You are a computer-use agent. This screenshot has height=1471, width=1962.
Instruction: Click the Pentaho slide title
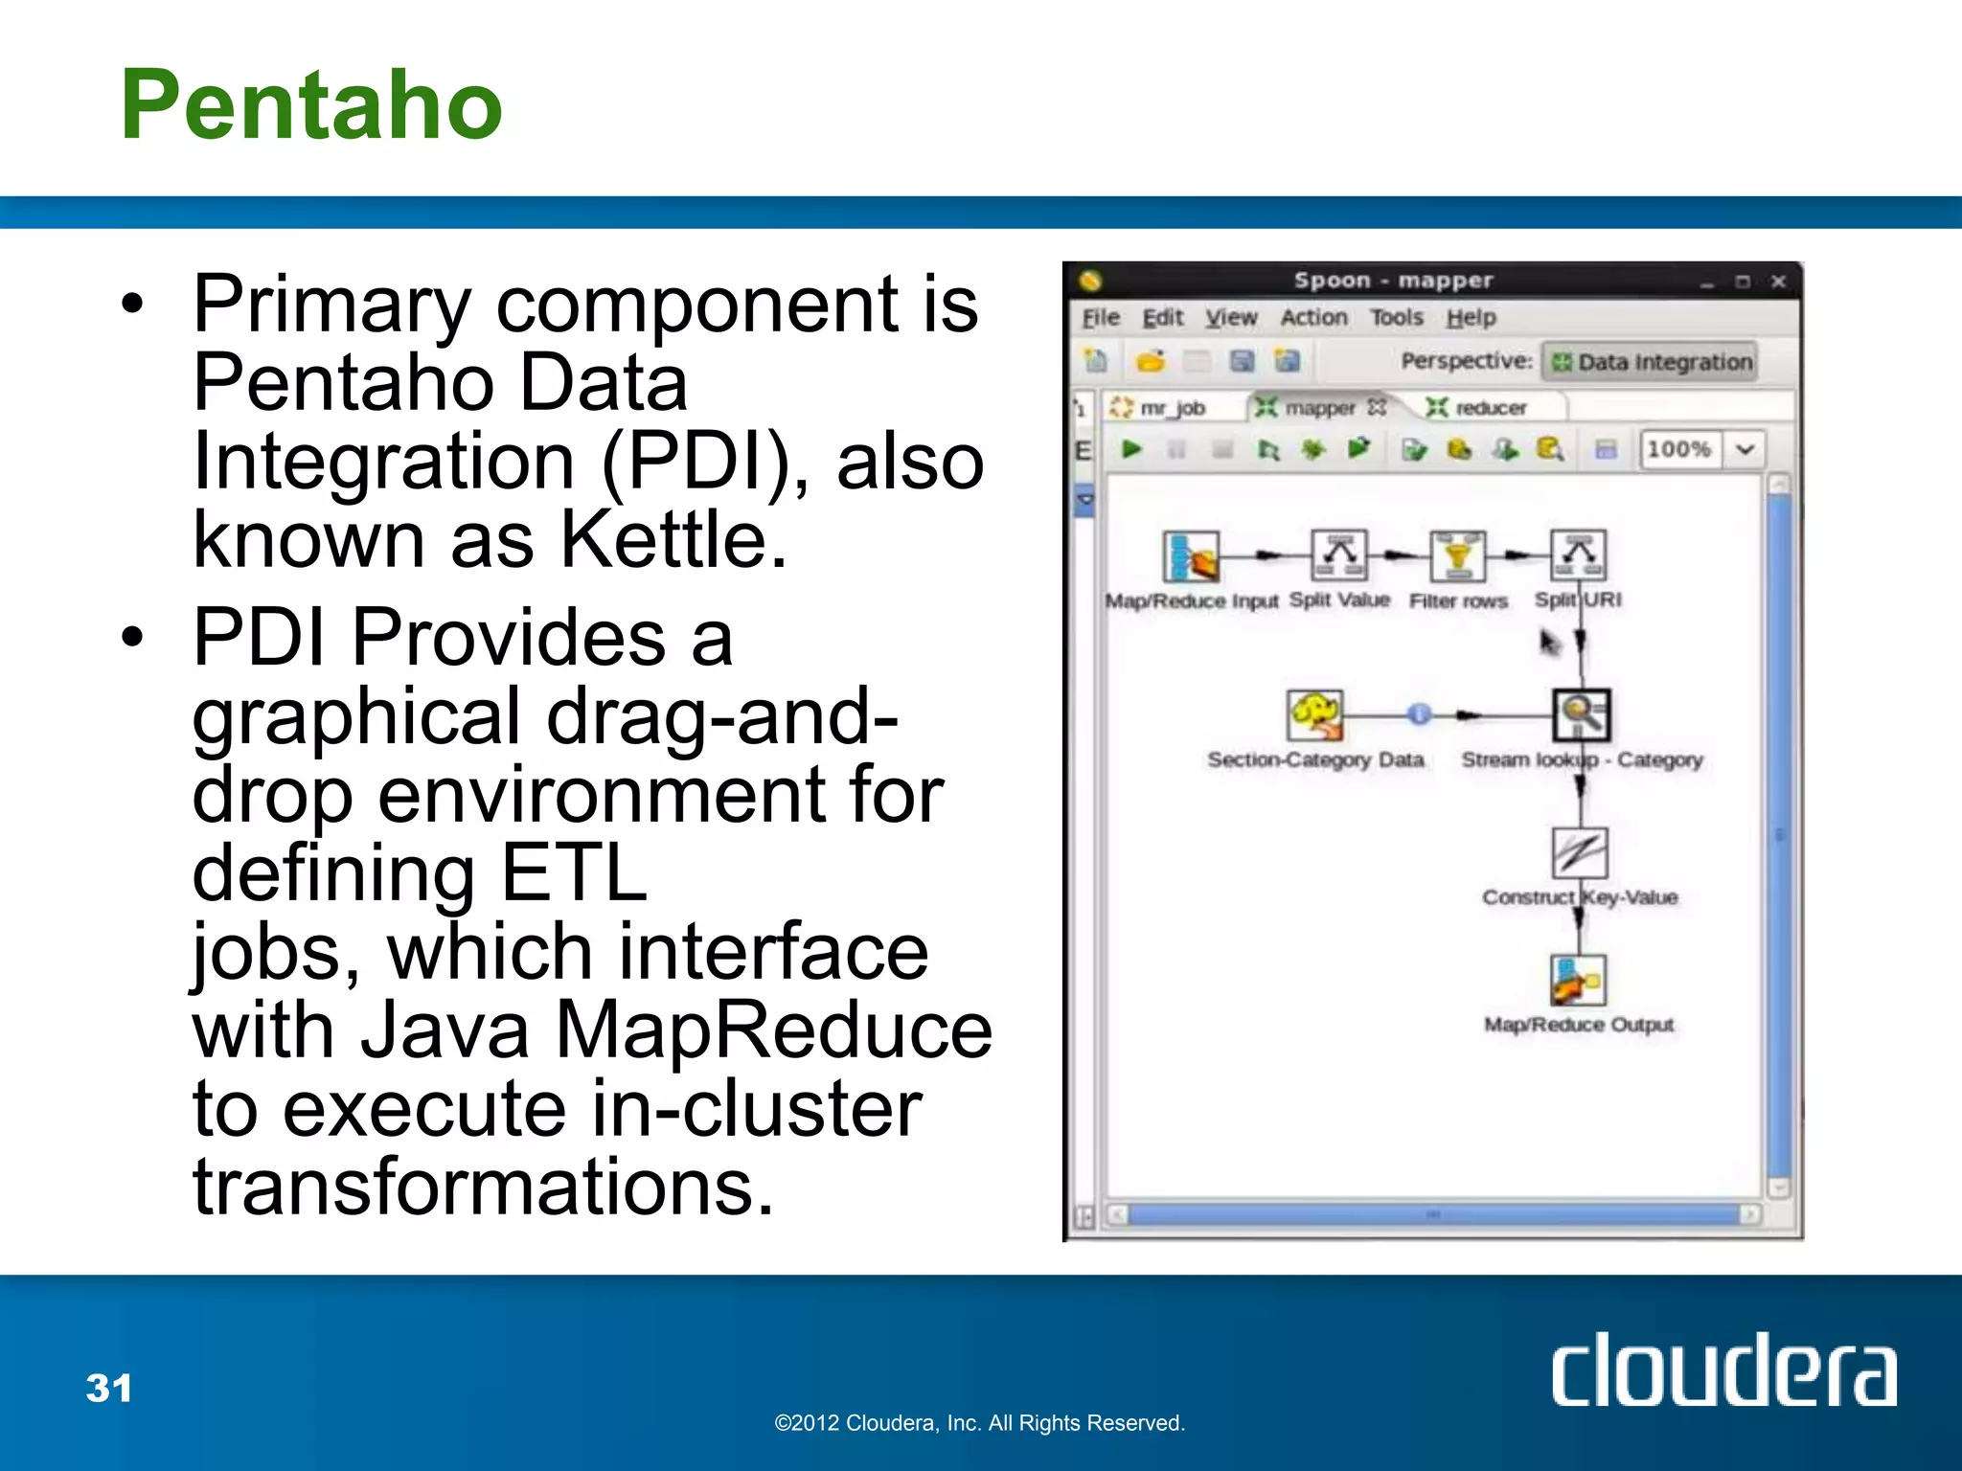[x=311, y=105]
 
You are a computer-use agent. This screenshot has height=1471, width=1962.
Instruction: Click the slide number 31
[x=109, y=1388]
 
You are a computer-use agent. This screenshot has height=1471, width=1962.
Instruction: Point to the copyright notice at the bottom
[x=979, y=1423]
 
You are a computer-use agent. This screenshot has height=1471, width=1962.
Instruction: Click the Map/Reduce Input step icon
[x=1191, y=556]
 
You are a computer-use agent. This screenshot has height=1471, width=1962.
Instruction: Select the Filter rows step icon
[x=1457, y=556]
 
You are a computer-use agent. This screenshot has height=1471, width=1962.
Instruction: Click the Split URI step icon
[x=1578, y=554]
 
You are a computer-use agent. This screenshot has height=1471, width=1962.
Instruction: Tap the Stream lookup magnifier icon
[x=1581, y=714]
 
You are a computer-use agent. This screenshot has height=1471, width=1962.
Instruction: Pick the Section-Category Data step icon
[x=1314, y=714]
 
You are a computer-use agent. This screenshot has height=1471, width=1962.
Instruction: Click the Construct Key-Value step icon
[x=1579, y=851]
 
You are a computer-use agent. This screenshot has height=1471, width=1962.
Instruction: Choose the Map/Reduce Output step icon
[x=1578, y=980]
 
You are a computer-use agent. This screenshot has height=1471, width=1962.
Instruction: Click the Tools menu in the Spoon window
[x=1396, y=317]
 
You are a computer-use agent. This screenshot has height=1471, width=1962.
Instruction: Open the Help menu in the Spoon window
[x=1471, y=317]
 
